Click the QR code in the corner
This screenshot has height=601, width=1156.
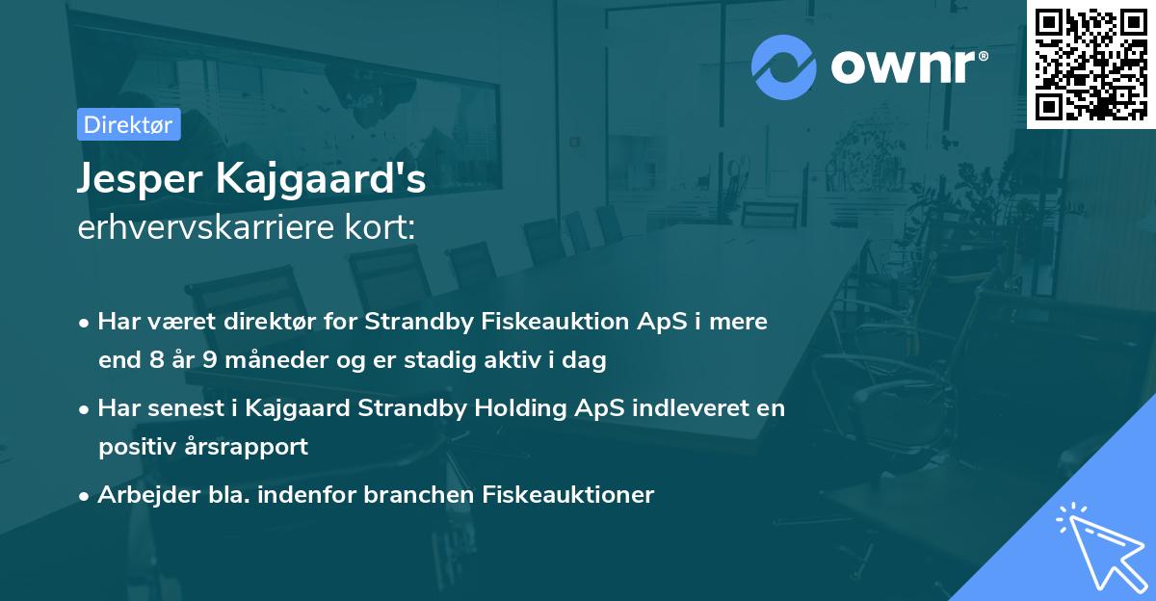pyautogui.click(x=1090, y=64)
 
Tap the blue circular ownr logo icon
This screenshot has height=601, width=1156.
pyautogui.click(x=784, y=66)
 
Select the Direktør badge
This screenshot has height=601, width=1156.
pyautogui.click(x=128, y=124)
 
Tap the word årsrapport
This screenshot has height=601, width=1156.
pyautogui.click(x=257, y=447)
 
